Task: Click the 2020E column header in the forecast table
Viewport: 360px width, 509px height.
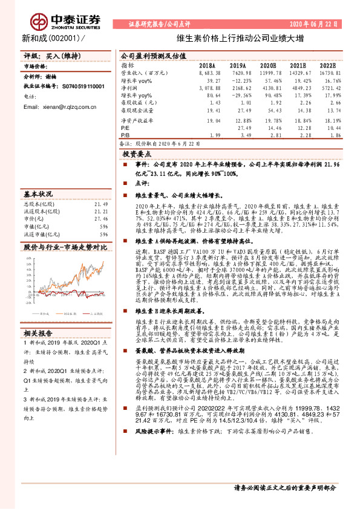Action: (268, 65)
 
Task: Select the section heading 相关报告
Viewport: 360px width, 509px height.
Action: (39, 333)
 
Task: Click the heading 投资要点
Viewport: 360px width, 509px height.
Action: (140, 172)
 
